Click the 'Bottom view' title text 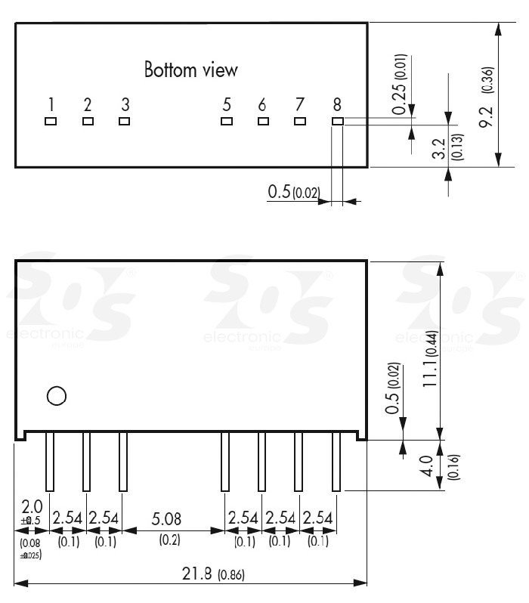191,70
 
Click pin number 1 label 51,104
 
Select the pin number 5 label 226,104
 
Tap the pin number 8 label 337,104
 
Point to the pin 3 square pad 125,121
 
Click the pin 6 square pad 263,121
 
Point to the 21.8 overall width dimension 196,574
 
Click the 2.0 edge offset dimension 30,506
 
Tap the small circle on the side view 56,395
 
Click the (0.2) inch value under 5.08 169,541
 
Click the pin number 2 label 88,104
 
